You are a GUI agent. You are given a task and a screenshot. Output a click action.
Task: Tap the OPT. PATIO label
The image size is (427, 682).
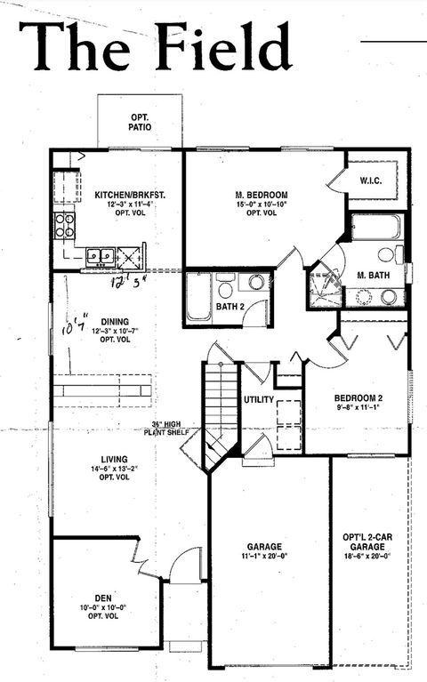[x=140, y=123]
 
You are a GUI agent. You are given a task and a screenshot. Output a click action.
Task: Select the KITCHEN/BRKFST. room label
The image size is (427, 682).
[x=125, y=195]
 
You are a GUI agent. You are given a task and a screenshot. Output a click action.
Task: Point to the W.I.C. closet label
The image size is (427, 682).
[x=371, y=181]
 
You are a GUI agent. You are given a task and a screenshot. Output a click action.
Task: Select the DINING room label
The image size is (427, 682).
[x=115, y=322]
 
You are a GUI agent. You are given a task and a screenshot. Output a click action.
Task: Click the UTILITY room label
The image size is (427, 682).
[x=259, y=400]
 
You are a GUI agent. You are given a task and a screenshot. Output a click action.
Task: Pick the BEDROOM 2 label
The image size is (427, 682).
[x=358, y=397]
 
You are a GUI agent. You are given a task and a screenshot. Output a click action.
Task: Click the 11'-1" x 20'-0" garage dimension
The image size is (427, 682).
[x=263, y=555]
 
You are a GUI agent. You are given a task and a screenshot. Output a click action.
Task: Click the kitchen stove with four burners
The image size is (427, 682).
[x=65, y=225]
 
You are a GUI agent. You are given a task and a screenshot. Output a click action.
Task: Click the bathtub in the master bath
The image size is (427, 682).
[x=376, y=228]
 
